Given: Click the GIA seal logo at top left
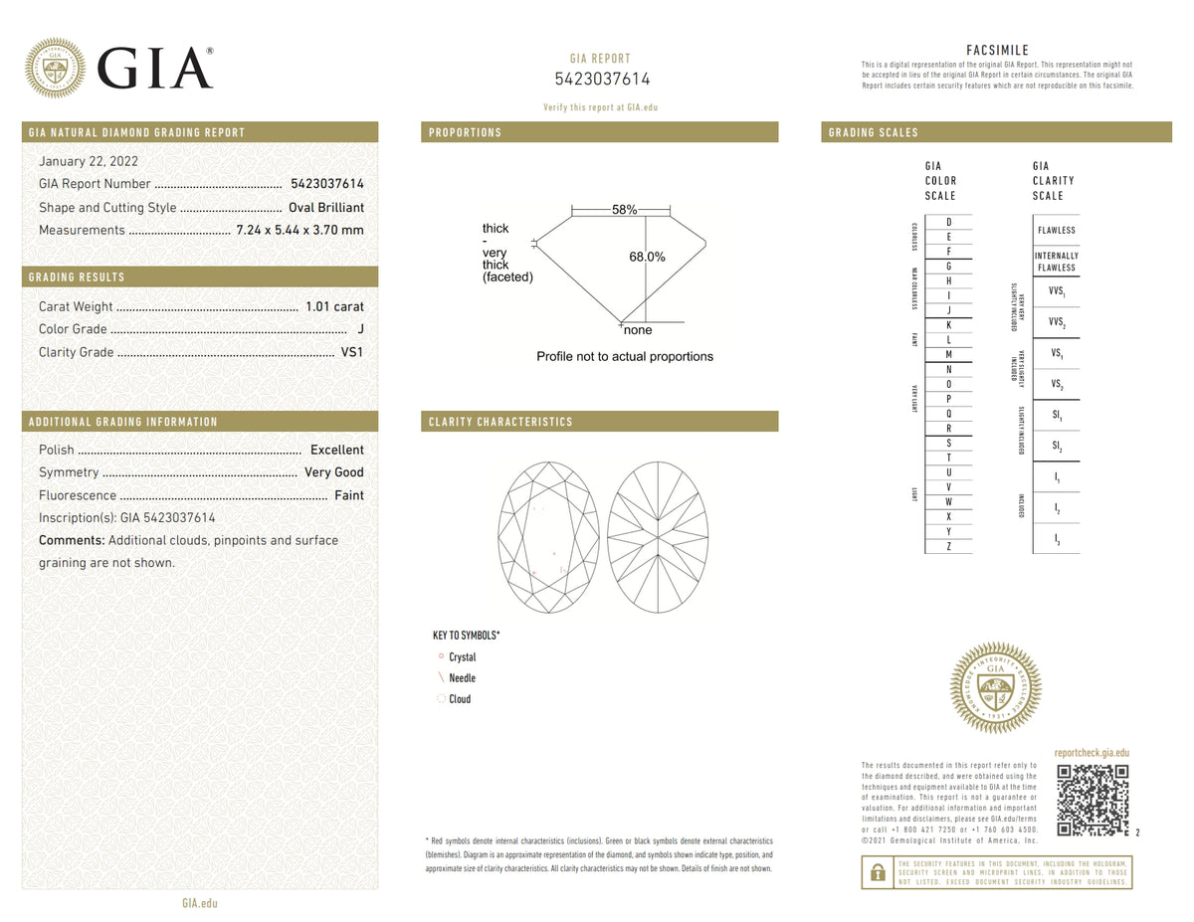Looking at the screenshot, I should click(55, 69).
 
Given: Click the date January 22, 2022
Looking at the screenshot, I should click(88, 161).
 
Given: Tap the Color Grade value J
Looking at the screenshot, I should click(359, 329).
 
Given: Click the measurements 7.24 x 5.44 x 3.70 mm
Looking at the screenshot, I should click(299, 230).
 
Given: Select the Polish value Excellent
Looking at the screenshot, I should click(336, 450).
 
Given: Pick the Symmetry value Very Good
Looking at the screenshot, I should click(333, 472).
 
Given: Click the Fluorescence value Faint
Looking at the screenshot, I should click(348, 495).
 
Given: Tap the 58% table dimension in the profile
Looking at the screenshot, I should click(624, 210).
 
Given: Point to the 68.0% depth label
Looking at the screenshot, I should click(647, 257).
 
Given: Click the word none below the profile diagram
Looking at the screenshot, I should click(638, 330).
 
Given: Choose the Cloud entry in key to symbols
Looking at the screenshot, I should click(459, 699).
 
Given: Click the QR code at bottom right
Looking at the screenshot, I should click(1092, 800).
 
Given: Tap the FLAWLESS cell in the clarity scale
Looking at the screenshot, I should click(1056, 230).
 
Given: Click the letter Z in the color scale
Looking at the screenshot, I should click(948, 546).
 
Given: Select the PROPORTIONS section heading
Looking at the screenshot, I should click(465, 132).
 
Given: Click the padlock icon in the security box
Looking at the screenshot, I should click(878, 872).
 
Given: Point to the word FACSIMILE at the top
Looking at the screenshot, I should click(997, 51).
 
